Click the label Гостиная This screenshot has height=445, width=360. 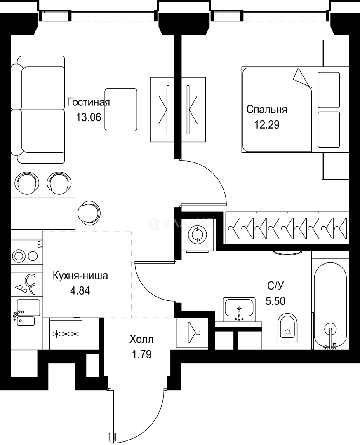(x=88, y=102)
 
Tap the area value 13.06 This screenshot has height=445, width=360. (x=88, y=117)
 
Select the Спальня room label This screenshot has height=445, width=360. (x=266, y=110)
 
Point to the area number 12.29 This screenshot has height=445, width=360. (x=266, y=124)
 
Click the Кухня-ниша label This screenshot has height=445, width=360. (x=80, y=276)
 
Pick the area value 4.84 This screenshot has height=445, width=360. (x=80, y=290)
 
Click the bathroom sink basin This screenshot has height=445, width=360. (x=239, y=307)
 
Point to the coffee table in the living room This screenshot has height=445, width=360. (x=120, y=110)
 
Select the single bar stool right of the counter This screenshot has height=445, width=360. (x=89, y=212)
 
